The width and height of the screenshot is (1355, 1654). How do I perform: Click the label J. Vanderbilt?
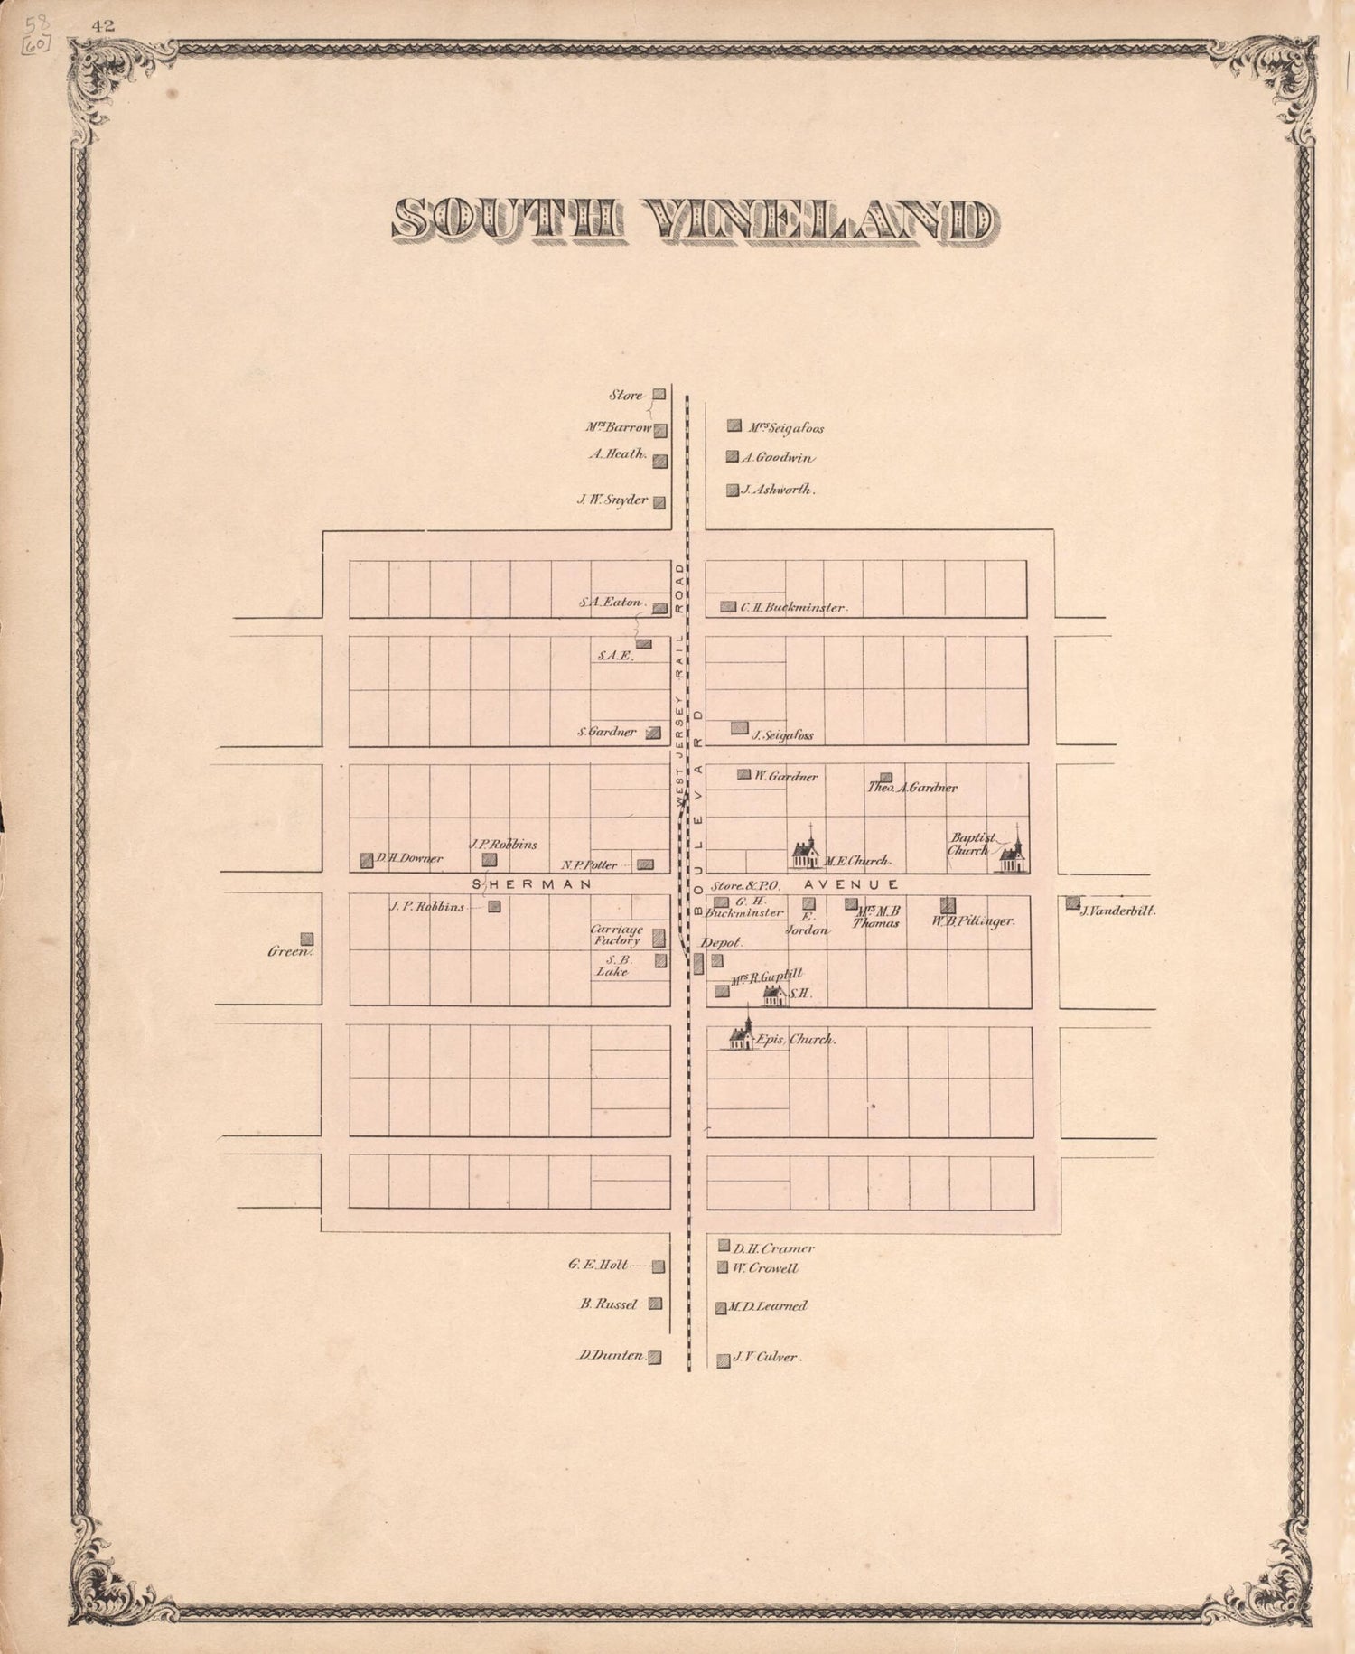click(1117, 911)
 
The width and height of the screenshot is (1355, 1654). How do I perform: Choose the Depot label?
click(721, 942)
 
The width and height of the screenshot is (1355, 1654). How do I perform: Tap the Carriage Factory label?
click(616, 935)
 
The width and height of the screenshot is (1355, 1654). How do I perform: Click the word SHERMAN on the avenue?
click(531, 884)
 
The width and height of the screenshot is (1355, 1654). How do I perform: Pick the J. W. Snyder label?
click(613, 500)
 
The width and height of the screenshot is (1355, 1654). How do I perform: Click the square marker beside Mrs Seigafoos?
click(734, 425)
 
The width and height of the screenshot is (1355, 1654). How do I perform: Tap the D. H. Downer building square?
click(367, 860)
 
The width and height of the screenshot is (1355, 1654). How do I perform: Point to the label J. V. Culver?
click(766, 1357)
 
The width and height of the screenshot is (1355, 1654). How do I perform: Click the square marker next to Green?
click(307, 939)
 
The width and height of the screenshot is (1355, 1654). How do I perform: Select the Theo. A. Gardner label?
click(912, 788)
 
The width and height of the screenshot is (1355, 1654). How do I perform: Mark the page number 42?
click(103, 25)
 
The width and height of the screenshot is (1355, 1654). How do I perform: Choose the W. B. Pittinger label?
click(974, 921)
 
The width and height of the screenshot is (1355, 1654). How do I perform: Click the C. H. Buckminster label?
click(793, 608)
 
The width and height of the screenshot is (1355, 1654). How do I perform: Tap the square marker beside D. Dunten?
click(655, 1357)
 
